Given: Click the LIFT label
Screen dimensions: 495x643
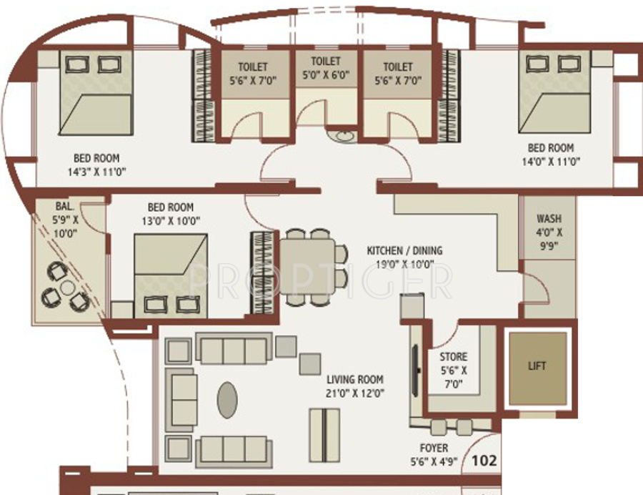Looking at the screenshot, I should tap(537, 366).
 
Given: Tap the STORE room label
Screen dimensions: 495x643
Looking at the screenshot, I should tap(454, 356).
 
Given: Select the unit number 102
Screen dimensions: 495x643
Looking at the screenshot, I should tap(484, 461).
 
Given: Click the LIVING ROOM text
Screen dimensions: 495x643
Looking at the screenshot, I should tap(355, 379).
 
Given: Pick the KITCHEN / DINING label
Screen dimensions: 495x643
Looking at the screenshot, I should tap(404, 250).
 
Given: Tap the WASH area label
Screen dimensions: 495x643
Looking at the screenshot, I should tap(549, 219).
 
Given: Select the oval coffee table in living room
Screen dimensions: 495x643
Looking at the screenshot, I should tap(227, 399).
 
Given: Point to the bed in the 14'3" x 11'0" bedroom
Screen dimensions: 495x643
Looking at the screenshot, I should tap(96, 92).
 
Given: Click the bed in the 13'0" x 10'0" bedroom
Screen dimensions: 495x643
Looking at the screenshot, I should tap(171, 275).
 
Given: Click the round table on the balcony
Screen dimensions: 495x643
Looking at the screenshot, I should tap(67, 288).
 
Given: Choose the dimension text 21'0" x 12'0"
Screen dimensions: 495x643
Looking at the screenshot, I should tap(355, 393).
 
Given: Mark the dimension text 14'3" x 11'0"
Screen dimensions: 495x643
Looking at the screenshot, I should tap(96, 172).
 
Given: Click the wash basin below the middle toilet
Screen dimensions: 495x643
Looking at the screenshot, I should tap(335, 133).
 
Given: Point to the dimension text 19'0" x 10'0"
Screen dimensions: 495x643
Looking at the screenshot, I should tap(404, 264).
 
